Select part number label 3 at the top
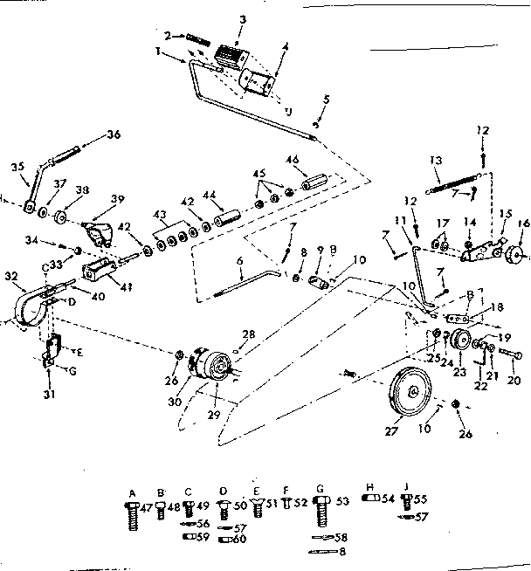pyautogui.click(x=218, y=18)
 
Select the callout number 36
pyautogui.click(x=113, y=134)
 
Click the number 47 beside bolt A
pyautogui.click(x=148, y=506)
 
